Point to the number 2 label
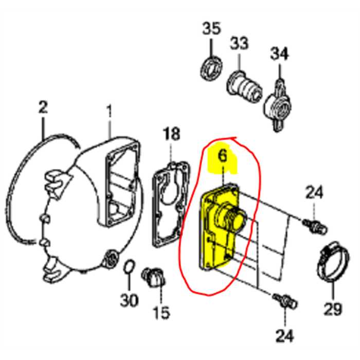(43, 107)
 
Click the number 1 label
(109, 111)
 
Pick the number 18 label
(172, 135)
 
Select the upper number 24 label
(314, 193)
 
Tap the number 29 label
(333, 309)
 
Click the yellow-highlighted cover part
(221, 226)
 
